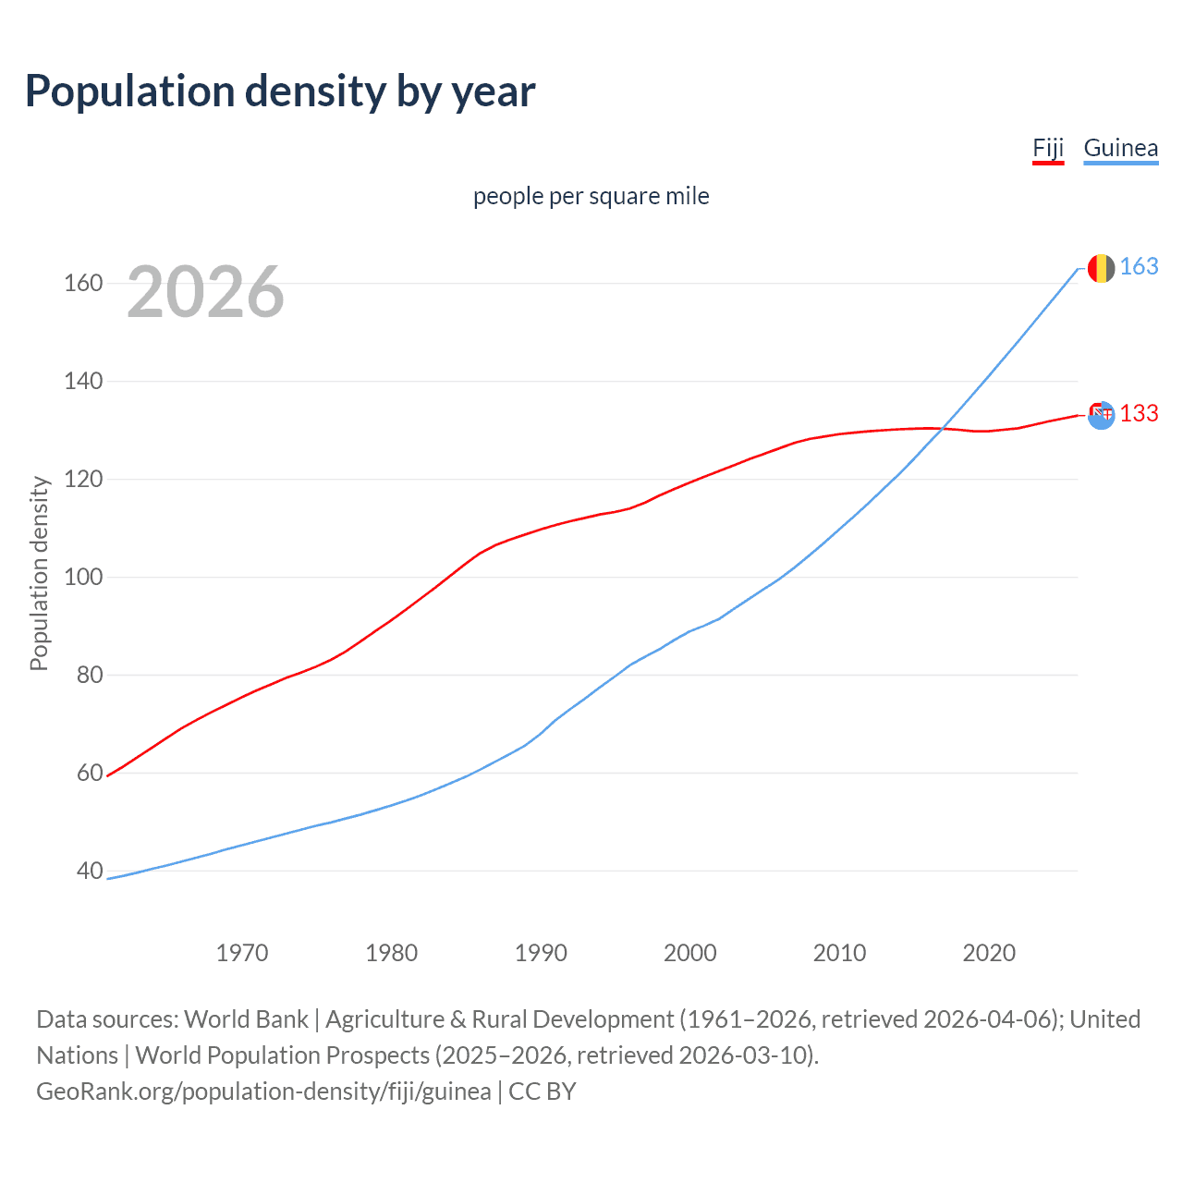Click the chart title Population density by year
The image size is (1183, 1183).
[280, 91]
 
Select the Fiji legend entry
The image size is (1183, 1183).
[1048, 149]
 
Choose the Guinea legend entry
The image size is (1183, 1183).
[1120, 149]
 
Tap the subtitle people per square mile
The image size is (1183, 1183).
[591, 197]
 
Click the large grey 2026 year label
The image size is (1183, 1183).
[205, 292]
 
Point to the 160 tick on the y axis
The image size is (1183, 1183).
[82, 284]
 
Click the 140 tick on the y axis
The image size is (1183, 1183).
[82, 382]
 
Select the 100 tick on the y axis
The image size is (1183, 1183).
[82, 578]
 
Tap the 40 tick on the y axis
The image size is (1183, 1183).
[89, 872]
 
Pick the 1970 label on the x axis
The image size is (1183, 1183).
[242, 953]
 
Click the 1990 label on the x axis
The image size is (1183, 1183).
[541, 953]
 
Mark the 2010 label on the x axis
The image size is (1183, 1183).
[839, 953]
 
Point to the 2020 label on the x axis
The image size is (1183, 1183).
[989, 953]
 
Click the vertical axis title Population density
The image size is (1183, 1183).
[39, 573]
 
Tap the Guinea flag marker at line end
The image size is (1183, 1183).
[1101, 268]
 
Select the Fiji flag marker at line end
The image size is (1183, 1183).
[1101, 415]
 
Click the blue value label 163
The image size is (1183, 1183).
[1139, 267]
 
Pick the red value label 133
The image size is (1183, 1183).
[1139, 414]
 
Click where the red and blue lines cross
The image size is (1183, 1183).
[941, 428]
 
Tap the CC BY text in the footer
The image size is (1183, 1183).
[543, 1092]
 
